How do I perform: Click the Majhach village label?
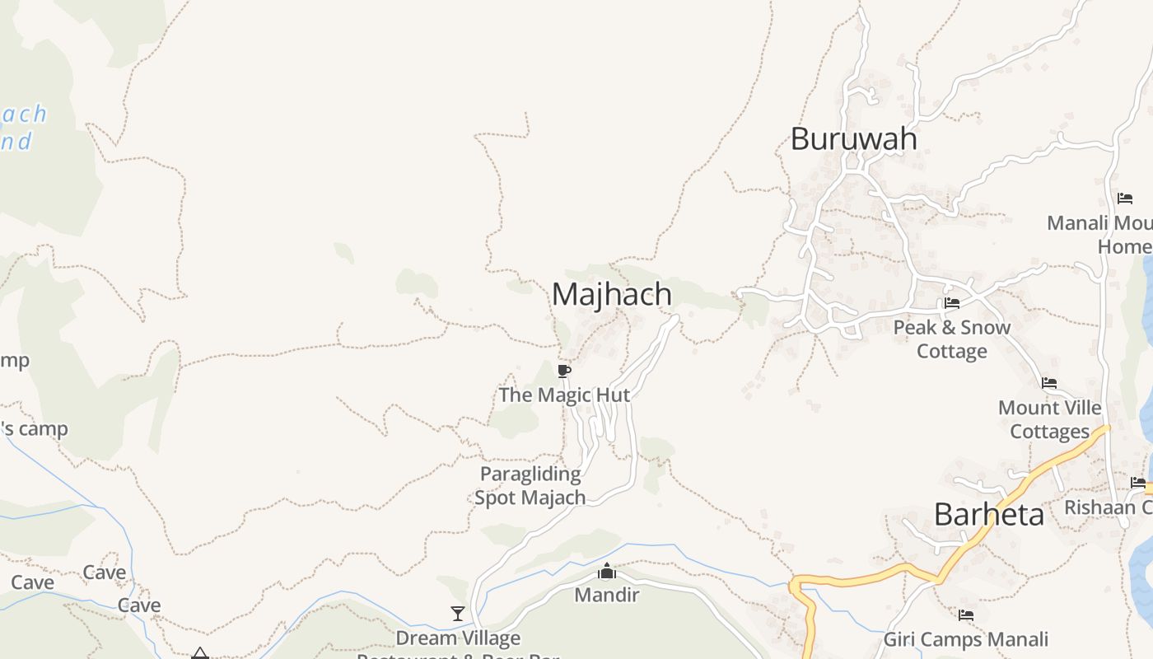pos(611,294)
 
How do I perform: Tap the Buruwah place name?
pos(853,138)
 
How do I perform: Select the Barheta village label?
pos(988,515)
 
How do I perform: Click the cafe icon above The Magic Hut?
pos(564,372)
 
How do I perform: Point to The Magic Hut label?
pos(564,395)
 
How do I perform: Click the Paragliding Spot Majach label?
pos(530,486)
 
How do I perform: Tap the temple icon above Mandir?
pos(607,571)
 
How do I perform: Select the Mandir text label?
pos(607,594)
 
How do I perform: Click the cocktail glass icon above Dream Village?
pos(458,614)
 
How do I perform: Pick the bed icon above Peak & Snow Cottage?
pos(952,303)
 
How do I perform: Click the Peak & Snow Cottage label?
pos(952,339)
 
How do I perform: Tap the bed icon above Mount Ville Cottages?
pos(1049,383)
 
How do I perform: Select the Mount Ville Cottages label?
pos(1049,419)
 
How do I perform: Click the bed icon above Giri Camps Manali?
pos(966,615)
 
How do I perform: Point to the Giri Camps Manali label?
pos(966,639)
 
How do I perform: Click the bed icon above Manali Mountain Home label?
pos(1125,199)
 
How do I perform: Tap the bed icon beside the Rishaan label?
pos(1138,483)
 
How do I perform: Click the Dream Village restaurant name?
pos(458,638)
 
